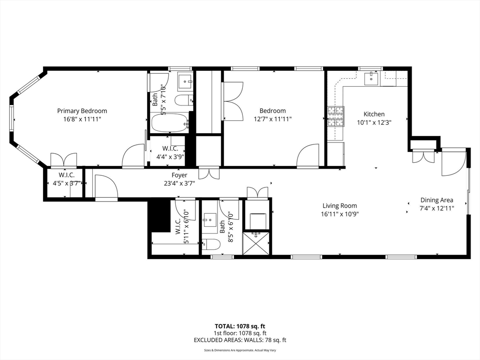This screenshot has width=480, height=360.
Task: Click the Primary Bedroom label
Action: click(x=82, y=111)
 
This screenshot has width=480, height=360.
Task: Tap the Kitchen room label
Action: click(x=374, y=114)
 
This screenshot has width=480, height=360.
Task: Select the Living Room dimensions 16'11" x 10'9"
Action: click(x=340, y=214)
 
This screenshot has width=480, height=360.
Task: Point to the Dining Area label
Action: click(x=437, y=200)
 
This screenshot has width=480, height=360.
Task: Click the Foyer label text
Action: click(x=180, y=175)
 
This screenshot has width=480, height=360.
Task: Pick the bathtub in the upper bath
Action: click(x=170, y=123)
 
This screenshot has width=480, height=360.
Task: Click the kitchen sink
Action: click(x=371, y=79)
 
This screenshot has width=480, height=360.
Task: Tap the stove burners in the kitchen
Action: click(x=336, y=116)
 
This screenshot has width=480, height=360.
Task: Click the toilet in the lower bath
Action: click(x=211, y=244)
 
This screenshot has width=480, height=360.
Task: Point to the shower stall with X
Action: click(x=256, y=243)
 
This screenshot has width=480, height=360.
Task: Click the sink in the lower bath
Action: click(x=210, y=220)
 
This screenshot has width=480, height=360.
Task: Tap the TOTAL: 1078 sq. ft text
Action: click(x=240, y=326)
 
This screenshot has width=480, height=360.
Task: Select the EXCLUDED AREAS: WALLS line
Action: click(x=240, y=340)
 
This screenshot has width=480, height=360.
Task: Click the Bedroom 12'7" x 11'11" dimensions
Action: click(x=273, y=119)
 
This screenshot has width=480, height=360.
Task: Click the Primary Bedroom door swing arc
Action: click(x=133, y=156)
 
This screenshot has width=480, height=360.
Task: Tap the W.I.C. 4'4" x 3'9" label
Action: click(x=170, y=153)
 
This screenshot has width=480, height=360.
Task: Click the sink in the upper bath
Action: click(x=185, y=82)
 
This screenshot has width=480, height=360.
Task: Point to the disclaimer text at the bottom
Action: click(x=240, y=350)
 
